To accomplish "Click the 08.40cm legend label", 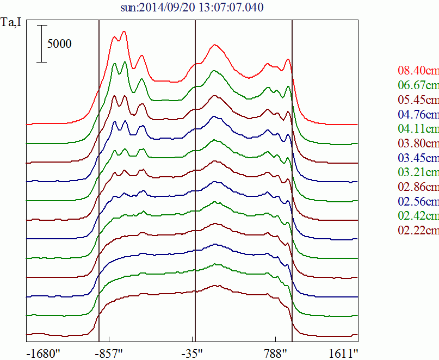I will click(418, 71).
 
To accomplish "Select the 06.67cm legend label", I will click(418, 85).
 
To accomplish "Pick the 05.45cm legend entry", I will click(418, 100).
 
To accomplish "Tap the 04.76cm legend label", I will click(418, 115).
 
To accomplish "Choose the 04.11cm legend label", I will click(418, 129).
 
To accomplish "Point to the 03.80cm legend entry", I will click(418, 144).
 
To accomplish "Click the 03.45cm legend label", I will click(418, 158).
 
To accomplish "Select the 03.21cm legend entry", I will click(418, 173).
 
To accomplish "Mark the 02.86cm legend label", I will click(418, 187).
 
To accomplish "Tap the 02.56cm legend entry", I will click(418, 202).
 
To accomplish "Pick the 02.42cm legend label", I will click(418, 216).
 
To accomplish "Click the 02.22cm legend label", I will click(418, 231).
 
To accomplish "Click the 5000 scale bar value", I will click(59, 44).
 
